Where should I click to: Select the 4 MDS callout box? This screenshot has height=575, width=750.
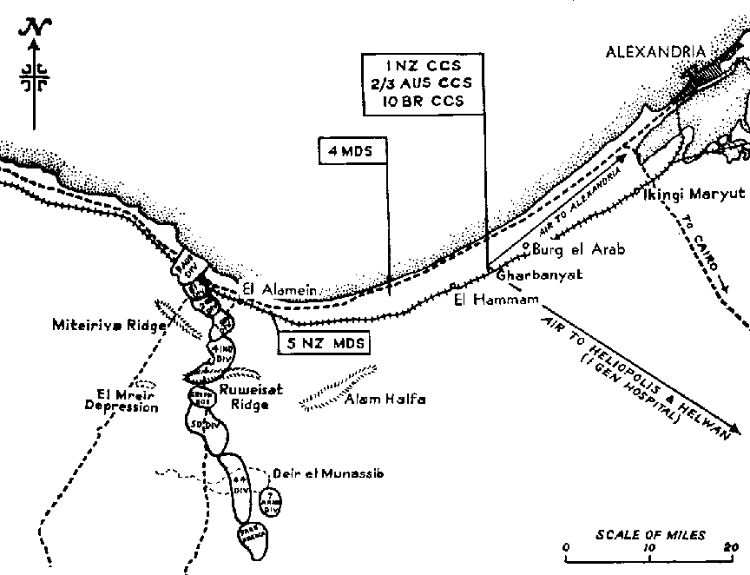coord(352,150)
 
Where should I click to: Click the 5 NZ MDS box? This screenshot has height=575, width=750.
coord(324,344)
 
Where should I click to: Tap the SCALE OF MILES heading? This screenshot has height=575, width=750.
coord(650,535)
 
